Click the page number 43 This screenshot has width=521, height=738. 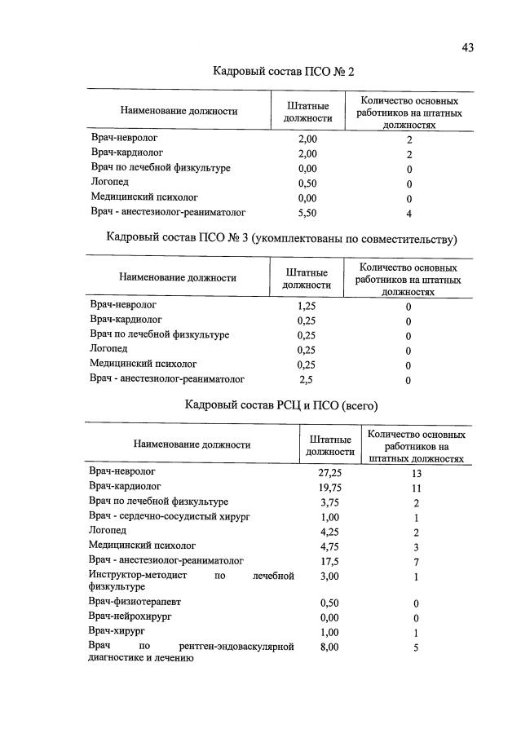(x=467, y=47)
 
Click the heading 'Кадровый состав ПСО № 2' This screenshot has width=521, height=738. (x=284, y=73)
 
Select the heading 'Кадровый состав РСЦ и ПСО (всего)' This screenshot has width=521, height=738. (x=281, y=404)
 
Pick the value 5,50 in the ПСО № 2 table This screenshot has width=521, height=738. (x=307, y=213)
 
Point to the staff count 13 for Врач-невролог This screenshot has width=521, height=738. (x=416, y=472)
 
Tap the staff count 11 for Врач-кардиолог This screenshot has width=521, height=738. (x=416, y=487)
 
